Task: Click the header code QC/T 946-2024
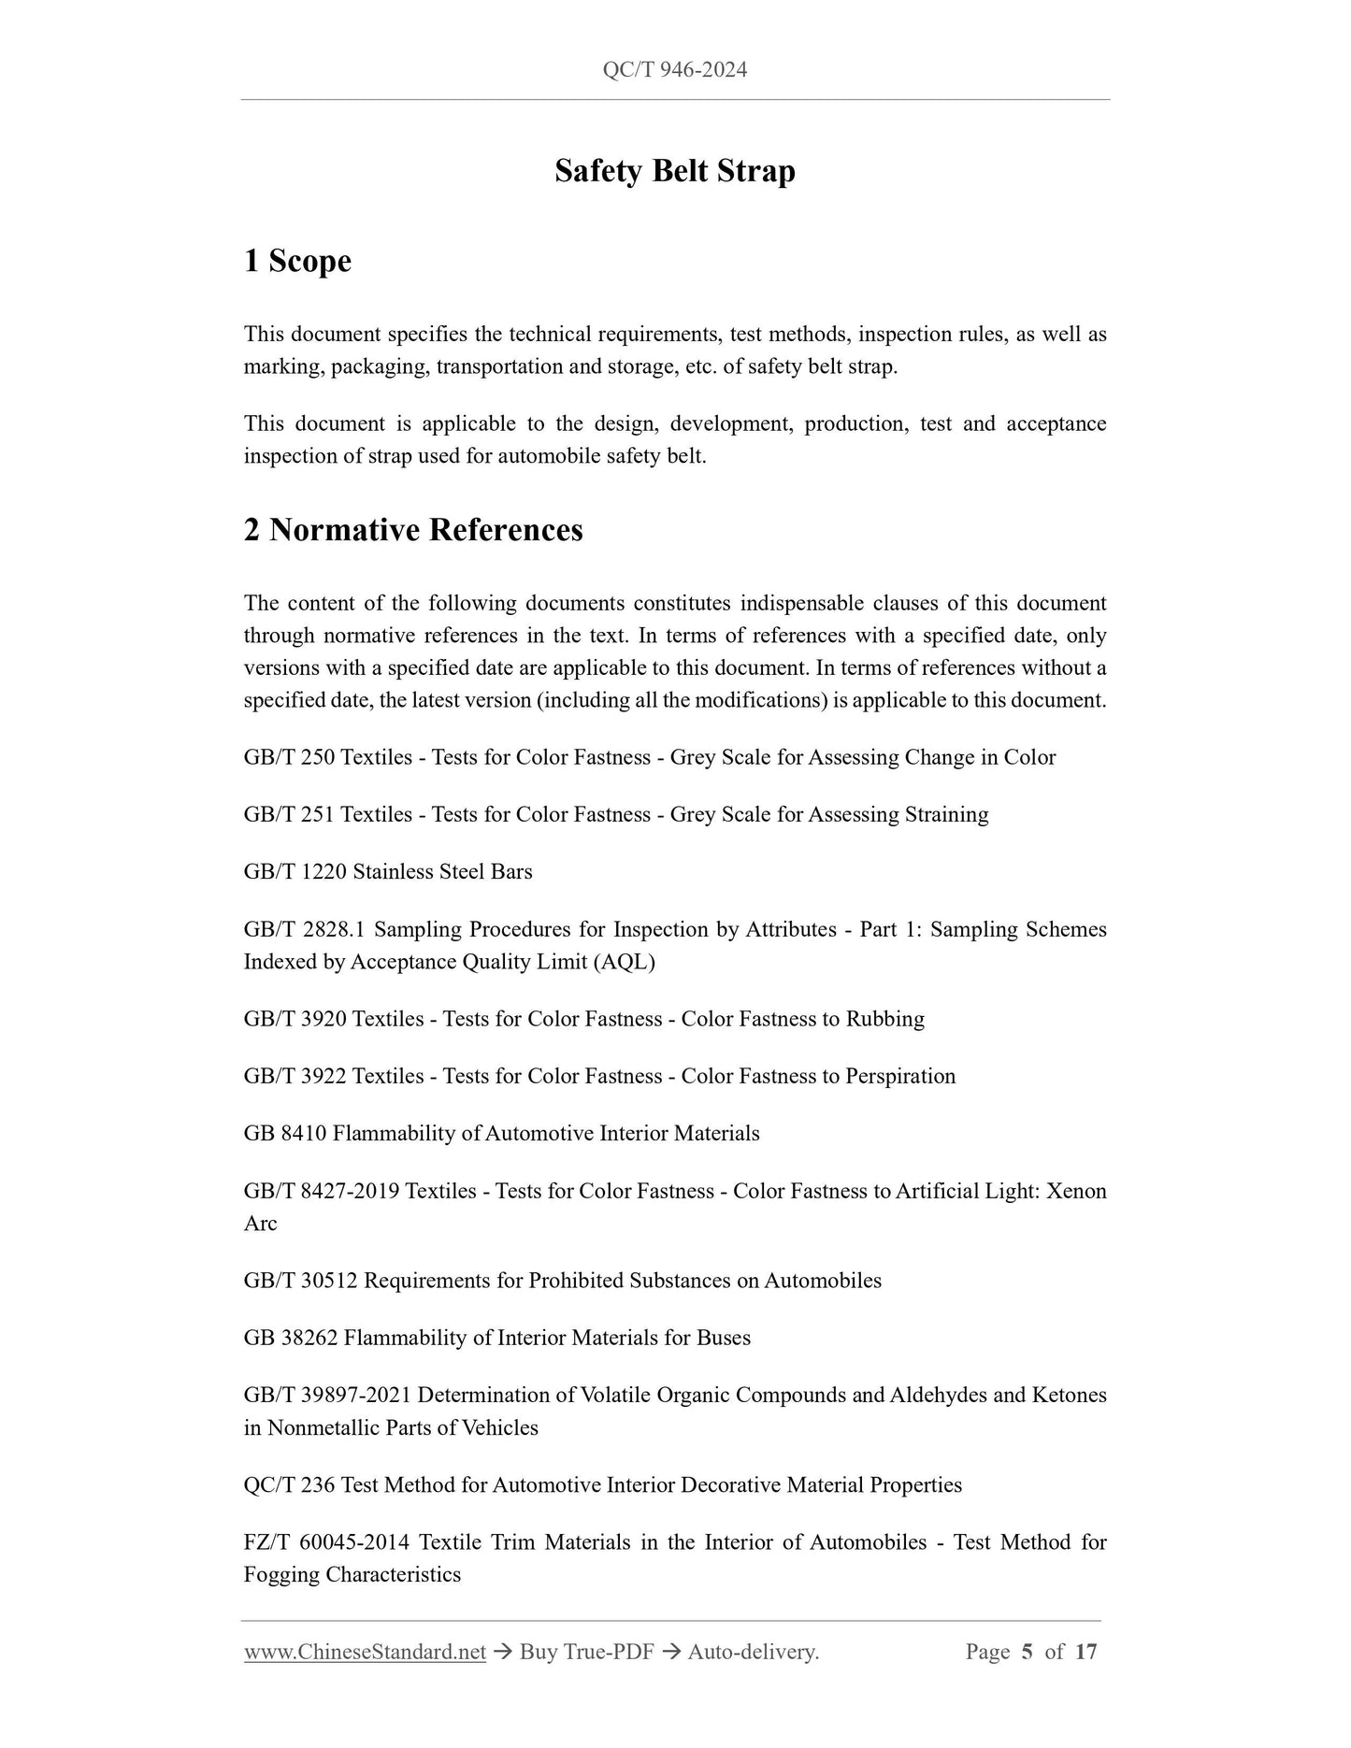point(674,70)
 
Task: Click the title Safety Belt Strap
point(674,171)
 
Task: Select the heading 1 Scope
point(297,261)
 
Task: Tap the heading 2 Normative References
point(412,530)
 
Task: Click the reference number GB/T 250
point(289,757)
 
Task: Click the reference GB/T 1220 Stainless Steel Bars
point(388,871)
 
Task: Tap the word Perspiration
point(899,1076)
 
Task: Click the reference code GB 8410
point(284,1133)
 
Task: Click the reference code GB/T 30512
point(300,1281)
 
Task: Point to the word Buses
point(723,1338)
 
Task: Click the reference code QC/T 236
point(289,1484)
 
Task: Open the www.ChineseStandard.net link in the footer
point(365,1652)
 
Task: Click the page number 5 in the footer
point(1027,1652)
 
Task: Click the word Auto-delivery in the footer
point(752,1652)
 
